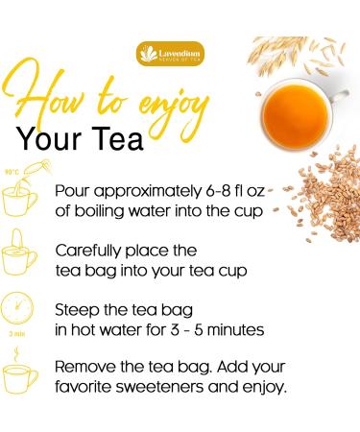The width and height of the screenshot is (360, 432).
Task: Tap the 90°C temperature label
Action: [12, 174]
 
